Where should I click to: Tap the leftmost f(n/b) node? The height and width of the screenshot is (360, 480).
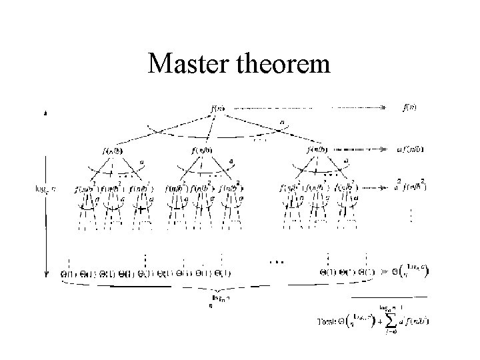[x=111, y=151]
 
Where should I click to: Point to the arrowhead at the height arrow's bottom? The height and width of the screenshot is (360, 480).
[x=45, y=273]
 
